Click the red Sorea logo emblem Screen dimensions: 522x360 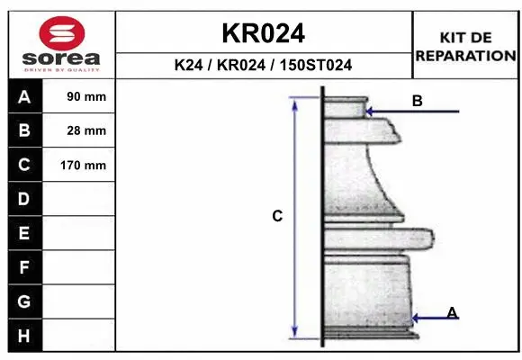point(62,33)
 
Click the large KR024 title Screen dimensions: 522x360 point(264,33)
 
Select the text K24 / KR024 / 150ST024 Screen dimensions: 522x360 point(264,65)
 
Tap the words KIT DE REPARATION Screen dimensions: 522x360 point(465,47)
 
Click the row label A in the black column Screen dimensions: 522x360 point(24,97)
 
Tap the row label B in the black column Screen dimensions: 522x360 point(24,130)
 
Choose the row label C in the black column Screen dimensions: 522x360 point(24,165)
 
